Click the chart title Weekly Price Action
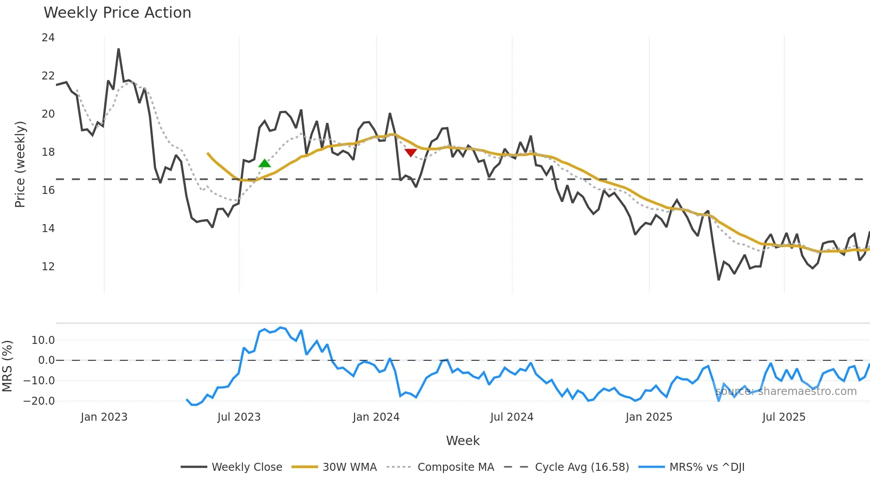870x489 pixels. click(117, 13)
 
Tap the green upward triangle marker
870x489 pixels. click(265, 163)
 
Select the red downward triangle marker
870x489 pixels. click(411, 153)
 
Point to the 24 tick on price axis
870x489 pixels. click(48, 38)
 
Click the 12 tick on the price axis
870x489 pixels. click(48, 267)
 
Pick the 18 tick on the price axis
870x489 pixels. click(48, 152)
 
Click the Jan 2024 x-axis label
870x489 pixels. click(376, 417)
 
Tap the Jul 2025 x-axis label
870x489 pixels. click(783, 417)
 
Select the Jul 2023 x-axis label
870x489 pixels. click(239, 417)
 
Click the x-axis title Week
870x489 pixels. click(463, 441)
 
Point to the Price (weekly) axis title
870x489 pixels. click(20, 164)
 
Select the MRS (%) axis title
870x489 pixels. click(7, 366)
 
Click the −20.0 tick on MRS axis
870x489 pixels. click(39, 401)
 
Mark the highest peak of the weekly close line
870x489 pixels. click(119, 49)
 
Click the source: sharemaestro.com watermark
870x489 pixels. click(786, 391)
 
